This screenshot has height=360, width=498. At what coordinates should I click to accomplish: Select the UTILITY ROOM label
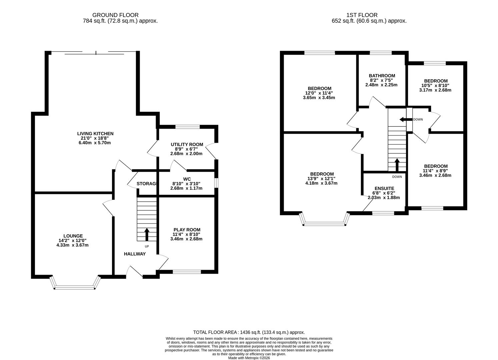coord(187,144)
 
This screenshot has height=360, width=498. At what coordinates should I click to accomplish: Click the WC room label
coord(187,179)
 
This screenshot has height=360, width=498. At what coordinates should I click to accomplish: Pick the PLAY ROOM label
coord(187,230)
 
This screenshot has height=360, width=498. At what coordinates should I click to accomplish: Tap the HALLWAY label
coord(135,254)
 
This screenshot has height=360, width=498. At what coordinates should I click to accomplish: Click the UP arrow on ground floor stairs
coord(147,234)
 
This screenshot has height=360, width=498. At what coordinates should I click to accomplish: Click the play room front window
coord(187,272)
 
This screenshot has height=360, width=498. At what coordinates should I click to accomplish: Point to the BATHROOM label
coord(382,76)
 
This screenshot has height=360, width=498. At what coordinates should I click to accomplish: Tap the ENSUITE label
coord(384,188)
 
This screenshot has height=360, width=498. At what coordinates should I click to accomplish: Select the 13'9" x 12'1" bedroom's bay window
coord(325,224)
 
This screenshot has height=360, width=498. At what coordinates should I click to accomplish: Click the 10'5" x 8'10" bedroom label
coord(436,81)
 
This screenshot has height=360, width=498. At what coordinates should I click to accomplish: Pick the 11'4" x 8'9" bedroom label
coord(436,166)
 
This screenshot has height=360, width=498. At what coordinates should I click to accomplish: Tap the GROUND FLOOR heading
coord(115,15)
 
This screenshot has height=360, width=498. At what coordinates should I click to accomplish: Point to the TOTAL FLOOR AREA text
coord(249,332)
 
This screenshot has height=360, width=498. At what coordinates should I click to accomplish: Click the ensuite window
coord(383,213)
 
